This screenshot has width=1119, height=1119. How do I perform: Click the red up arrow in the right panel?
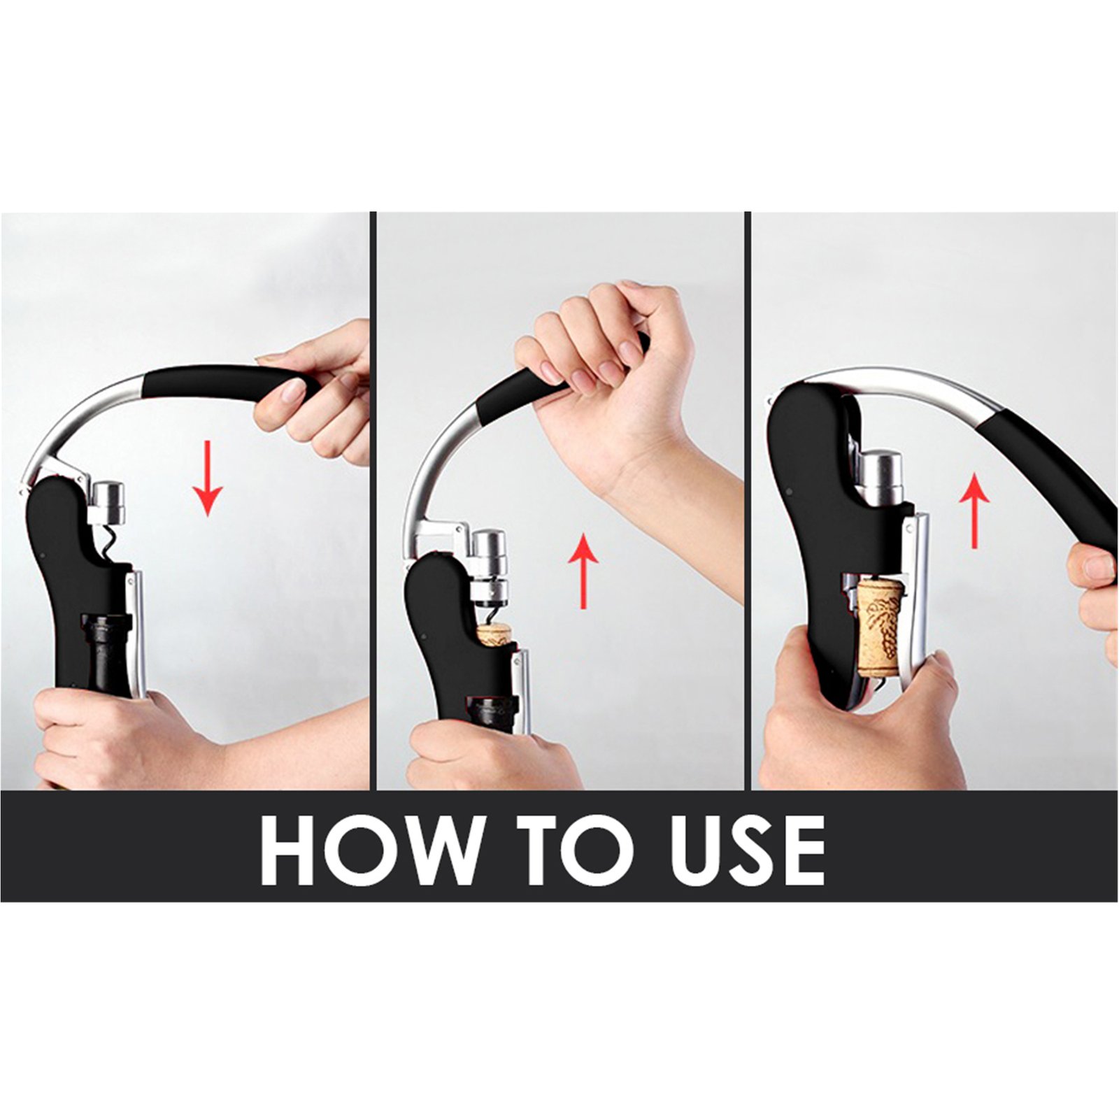click(974, 509)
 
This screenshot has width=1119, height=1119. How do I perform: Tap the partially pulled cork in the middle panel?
click(494, 635)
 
